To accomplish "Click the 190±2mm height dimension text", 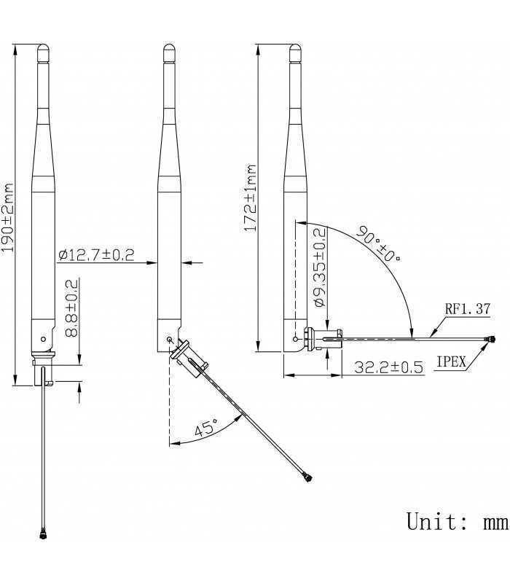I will (x=8, y=216).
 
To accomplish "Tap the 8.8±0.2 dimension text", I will (x=72, y=309).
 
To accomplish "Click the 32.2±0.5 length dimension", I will (x=388, y=367).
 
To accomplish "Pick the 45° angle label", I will (x=205, y=429).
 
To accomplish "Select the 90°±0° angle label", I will (x=379, y=246).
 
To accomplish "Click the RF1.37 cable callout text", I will (x=468, y=309).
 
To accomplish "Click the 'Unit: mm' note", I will (x=455, y=521).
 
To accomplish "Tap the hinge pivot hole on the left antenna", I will (x=44, y=339).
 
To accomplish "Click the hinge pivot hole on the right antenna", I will (x=296, y=338).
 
